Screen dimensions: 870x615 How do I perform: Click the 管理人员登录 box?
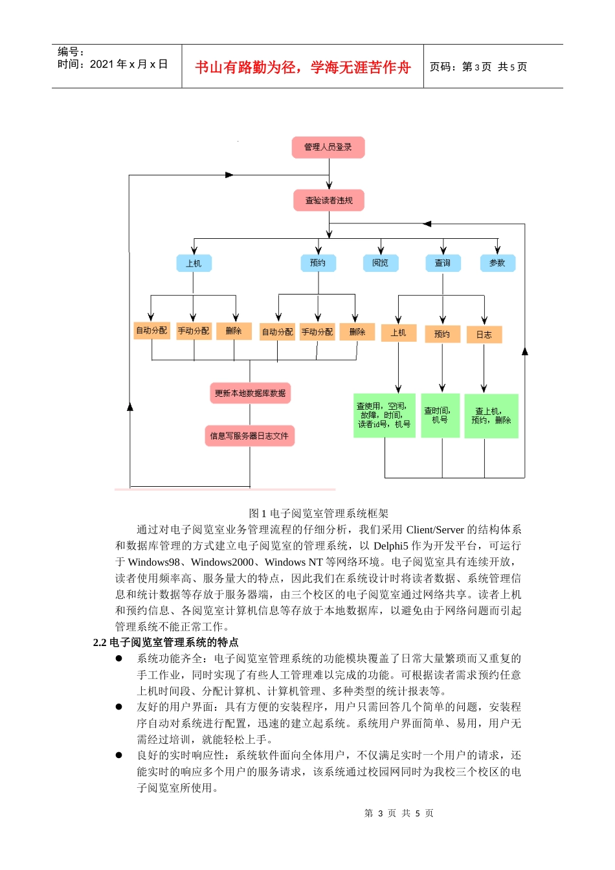(x=328, y=148)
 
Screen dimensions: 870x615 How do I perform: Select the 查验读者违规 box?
(x=329, y=201)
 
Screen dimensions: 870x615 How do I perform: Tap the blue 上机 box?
(x=194, y=263)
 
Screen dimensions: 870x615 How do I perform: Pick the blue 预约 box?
(x=318, y=263)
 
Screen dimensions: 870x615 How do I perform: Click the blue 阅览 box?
(x=381, y=263)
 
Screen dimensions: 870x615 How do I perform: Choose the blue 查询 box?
(x=443, y=263)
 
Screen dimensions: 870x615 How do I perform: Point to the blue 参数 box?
(x=497, y=263)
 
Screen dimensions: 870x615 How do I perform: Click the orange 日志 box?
(x=484, y=335)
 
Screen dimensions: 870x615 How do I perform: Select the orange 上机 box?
(x=398, y=333)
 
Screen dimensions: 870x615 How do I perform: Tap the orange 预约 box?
(x=442, y=334)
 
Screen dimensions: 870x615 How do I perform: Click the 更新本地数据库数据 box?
(x=251, y=393)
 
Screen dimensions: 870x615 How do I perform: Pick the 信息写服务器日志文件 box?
(x=249, y=436)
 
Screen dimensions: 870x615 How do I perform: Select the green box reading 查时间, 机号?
(x=440, y=416)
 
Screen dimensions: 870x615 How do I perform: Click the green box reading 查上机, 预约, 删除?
(x=491, y=416)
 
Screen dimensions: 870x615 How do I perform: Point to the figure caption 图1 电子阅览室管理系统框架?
(x=319, y=513)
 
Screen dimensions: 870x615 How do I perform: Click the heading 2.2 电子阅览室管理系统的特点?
(x=166, y=642)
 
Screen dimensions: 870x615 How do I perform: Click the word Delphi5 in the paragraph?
(x=391, y=546)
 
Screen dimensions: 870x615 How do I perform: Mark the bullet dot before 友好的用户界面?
(x=119, y=707)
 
